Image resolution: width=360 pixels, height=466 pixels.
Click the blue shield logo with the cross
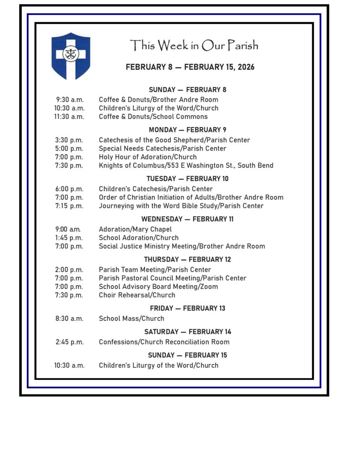click(x=71, y=55)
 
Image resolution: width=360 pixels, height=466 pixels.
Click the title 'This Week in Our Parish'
click(x=194, y=46)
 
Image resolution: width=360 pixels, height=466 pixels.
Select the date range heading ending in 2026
click(x=190, y=67)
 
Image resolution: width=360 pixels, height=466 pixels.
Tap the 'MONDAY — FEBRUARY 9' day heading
click(x=187, y=130)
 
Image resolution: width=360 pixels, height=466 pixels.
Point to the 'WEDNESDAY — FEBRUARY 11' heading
click(x=187, y=219)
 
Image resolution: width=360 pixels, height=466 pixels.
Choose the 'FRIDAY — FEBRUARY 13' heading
click(x=187, y=308)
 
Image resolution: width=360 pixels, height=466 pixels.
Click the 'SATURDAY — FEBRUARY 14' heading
click(x=187, y=331)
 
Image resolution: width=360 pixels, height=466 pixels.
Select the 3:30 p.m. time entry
click(x=69, y=140)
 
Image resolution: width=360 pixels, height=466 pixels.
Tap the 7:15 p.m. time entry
click(x=69, y=206)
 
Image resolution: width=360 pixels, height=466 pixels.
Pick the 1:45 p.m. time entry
click(x=69, y=238)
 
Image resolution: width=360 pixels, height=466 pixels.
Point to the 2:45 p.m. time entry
click(x=69, y=342)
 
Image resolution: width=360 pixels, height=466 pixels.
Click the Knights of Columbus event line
click(x=186, y=165)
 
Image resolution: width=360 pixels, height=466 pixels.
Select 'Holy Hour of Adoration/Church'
click(x=147, y=157)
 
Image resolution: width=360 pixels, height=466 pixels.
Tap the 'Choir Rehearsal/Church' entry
click(x=137, y=295)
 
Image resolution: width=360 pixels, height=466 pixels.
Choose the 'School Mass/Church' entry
click(x=131, y=319)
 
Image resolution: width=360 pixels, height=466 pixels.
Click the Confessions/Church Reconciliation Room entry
click(x=164, y=342)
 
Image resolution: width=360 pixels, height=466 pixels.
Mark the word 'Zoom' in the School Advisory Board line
click(x=209, y=287)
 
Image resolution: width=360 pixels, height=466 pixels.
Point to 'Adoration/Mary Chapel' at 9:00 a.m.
click(x=135, y=229)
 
